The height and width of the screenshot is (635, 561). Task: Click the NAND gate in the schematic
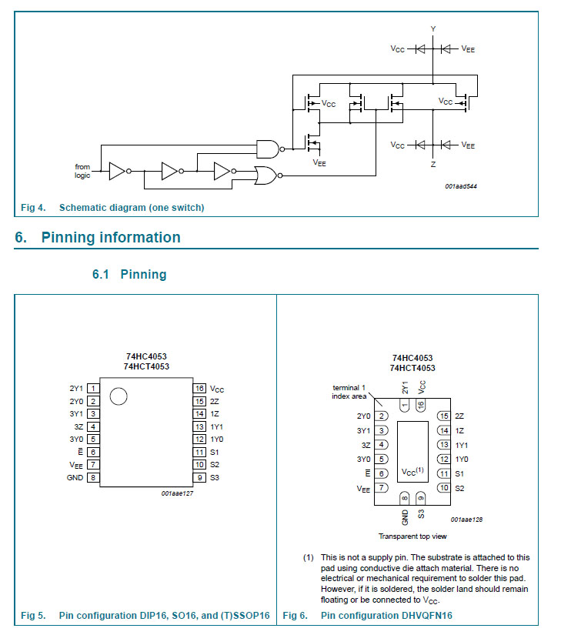point(266,149)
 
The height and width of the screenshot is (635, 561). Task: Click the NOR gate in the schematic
point(266,176)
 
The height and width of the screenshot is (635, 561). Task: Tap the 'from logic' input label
point(82,171)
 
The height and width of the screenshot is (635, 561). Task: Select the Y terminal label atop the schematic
point(432,28)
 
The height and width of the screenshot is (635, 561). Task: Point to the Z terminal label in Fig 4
point(432,165)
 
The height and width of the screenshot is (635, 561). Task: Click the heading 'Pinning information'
point(111,238)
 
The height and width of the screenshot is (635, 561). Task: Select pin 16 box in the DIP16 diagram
point(199,389)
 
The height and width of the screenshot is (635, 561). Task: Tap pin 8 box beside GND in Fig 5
point(93,477)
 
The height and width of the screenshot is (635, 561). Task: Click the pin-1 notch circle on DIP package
point(118,397)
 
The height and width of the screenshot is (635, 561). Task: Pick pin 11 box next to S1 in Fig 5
point(199,453)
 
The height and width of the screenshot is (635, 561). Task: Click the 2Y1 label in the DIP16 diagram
point(76,389)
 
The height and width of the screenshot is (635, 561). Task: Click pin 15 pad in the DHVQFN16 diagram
point(443,416)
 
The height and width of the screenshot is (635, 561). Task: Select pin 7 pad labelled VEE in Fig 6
point(382,488)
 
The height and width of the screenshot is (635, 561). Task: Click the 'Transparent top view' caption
point(412,536)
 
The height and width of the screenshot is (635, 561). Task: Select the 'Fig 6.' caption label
point(296,616)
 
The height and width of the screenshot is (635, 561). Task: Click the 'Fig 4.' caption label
point(33,208)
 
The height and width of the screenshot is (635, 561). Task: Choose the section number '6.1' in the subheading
point(102,275)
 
